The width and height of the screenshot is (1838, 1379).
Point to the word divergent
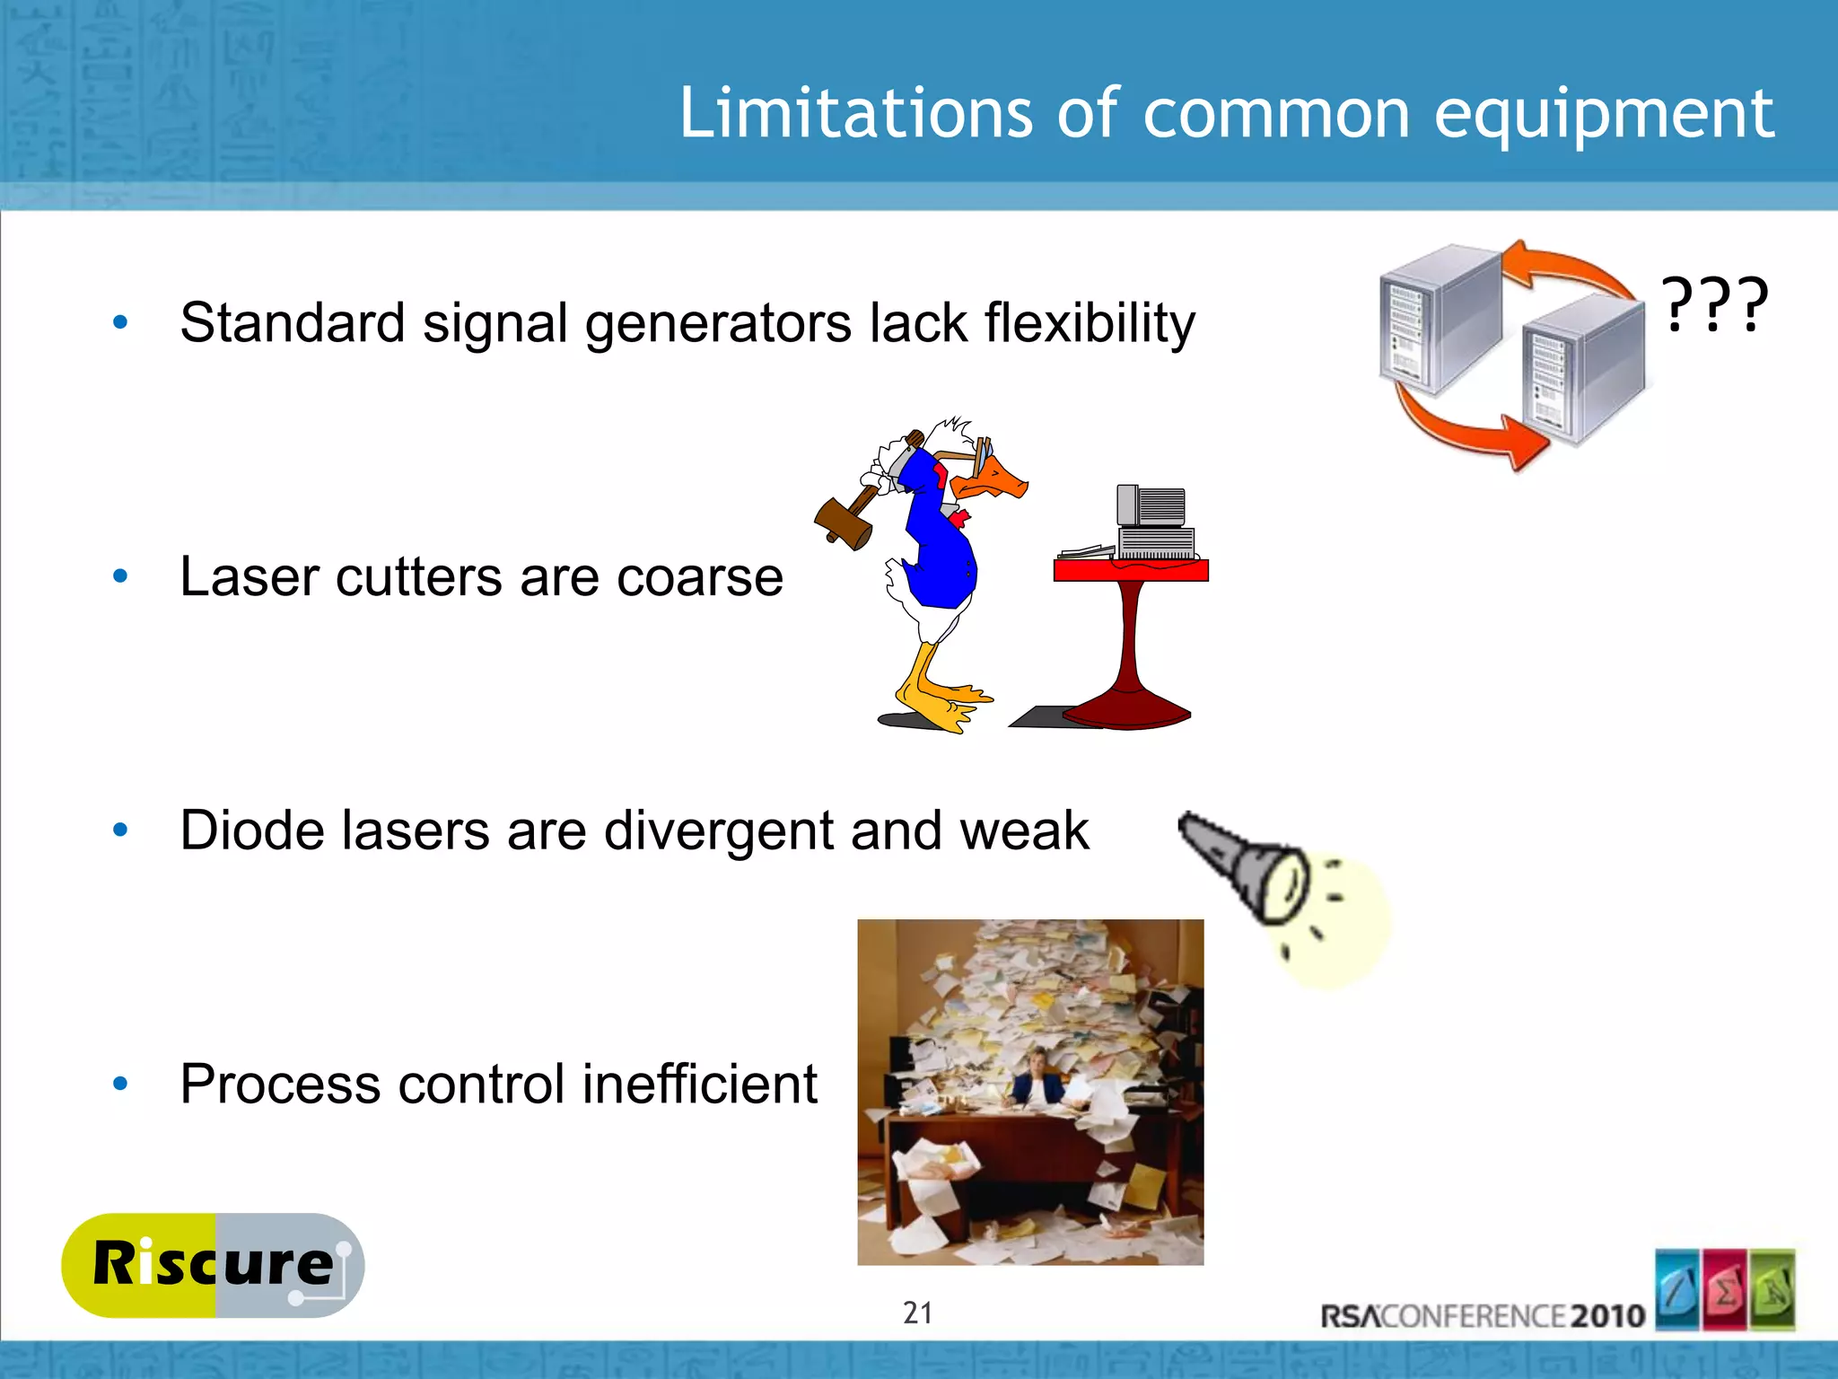(x=719, y=830)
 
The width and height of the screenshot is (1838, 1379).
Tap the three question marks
(x=1714, y=305)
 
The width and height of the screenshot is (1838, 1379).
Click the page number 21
(x=917, y=1313)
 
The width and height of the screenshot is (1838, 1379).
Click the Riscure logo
(x=214, y=1265)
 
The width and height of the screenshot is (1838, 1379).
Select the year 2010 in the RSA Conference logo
(x=1607, y=1316)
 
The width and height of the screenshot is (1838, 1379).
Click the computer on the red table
(x=1153, y=525)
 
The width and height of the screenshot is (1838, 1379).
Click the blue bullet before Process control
(x=120, y=1085)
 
